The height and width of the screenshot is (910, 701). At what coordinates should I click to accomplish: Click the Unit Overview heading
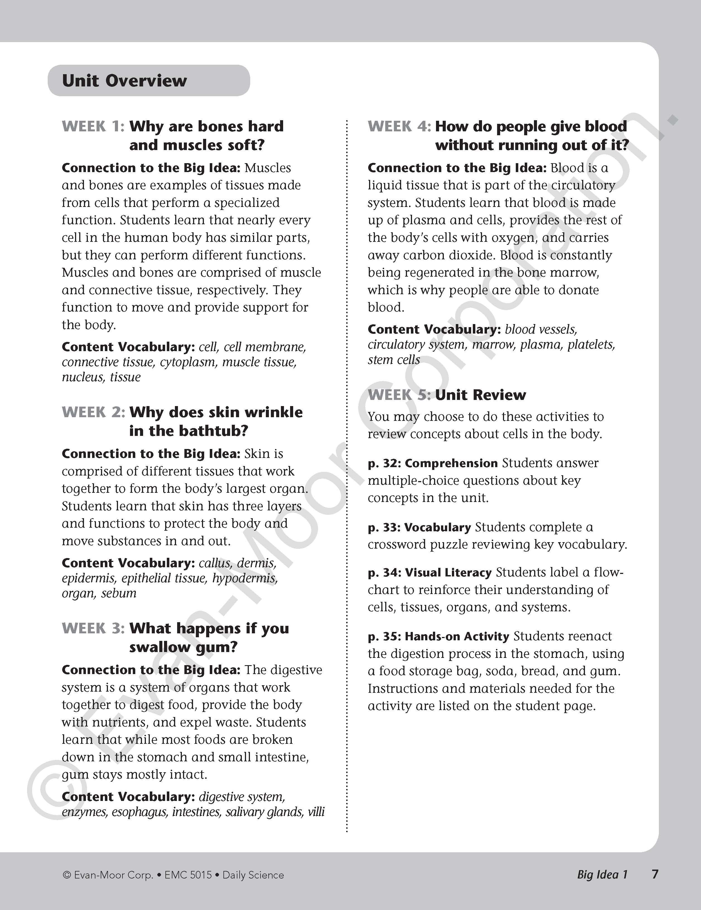point(124,81)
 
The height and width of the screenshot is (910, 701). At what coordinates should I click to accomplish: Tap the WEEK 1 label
point(93,126)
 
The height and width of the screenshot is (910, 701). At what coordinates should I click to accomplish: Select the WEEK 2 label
point(93,412)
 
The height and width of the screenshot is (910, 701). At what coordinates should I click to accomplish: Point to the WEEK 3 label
point(93,628)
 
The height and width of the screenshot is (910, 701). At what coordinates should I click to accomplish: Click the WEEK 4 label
point(399,126)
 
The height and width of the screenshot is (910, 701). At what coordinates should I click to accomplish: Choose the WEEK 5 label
point(399,395)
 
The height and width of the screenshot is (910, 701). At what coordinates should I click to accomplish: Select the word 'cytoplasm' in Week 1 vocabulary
point(188,362)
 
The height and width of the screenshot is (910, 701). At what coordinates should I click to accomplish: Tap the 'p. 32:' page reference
point(384,463)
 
